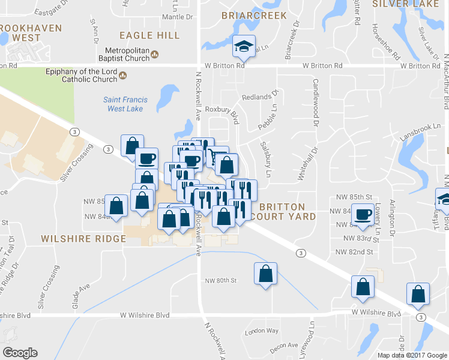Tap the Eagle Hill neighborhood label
149,35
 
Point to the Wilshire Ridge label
83,238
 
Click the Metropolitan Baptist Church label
127,54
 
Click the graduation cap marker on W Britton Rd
244,46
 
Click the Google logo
20,352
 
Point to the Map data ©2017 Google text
412,355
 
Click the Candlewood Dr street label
315,103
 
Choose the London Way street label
262,331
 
